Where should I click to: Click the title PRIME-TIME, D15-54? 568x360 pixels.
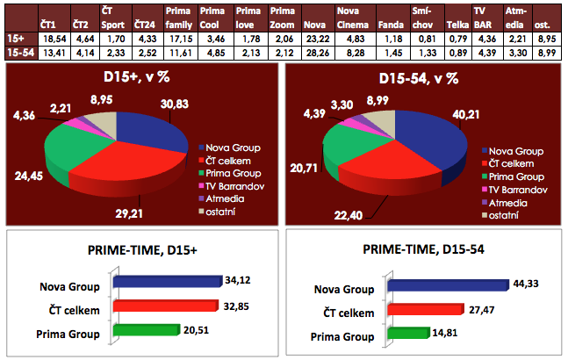[x=424, y=248]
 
